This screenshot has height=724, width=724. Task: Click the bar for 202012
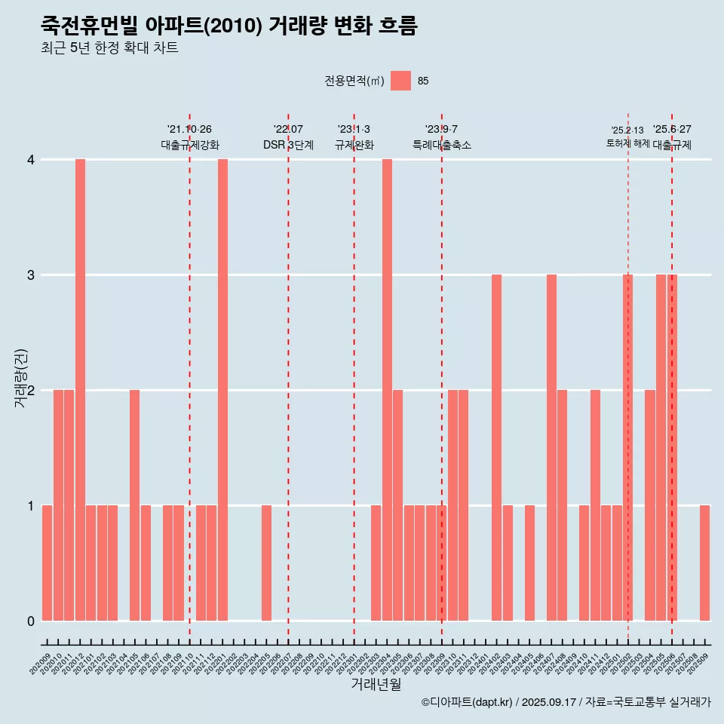[80, 390]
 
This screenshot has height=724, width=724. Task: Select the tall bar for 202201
[222, 390]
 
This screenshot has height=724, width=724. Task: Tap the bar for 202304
[387, 390]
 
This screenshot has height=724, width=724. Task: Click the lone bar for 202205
[266, 563]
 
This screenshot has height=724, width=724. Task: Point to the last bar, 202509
[704, 563]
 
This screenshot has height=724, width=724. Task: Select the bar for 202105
[134, 505]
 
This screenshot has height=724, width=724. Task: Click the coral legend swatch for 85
[400, 81]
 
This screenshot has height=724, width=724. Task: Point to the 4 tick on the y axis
[31, 160]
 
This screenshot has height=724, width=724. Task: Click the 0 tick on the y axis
[31, 621]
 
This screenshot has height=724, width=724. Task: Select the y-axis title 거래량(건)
[20, 378]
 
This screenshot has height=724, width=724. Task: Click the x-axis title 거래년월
[376, 684]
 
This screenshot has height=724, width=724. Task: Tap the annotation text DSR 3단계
[288, 145]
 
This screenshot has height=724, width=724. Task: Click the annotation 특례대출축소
[442, 145]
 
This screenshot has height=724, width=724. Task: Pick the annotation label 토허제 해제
[627, 143]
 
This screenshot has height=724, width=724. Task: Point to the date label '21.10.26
[189, 130]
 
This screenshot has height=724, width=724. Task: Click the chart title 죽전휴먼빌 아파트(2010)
[229, 26]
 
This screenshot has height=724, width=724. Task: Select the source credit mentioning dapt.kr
[566, 702]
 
